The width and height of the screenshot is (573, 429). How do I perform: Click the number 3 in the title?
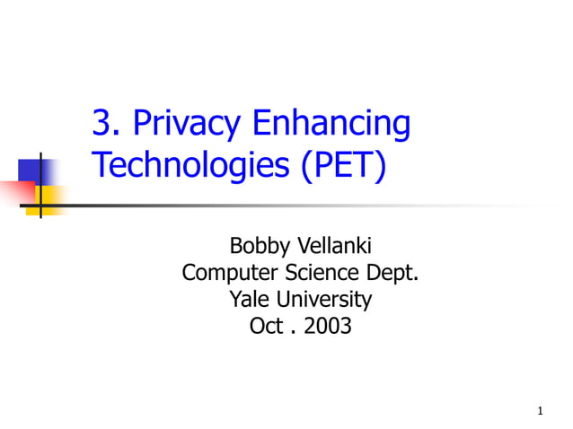(x=101, y=125)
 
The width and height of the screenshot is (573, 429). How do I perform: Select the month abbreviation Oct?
(x=267, y=326)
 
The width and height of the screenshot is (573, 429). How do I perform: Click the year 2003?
(x=328, y=326)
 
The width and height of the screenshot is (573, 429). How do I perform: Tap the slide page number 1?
(x=540, y=411)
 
